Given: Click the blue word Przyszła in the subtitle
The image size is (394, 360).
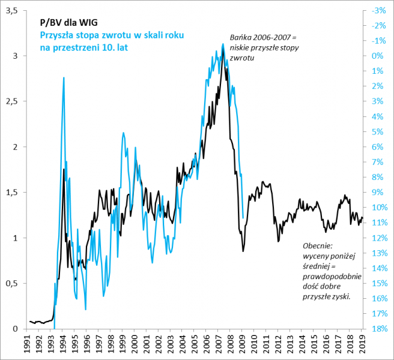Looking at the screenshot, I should click(x=58, y=35).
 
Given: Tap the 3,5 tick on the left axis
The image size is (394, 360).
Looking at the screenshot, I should click(x=12, y=10).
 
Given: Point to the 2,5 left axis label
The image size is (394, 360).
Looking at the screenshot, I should click(x=12, y=101).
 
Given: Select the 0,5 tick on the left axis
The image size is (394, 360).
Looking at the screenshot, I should click(x=12, y=283).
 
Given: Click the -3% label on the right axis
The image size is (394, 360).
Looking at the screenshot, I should click(x=378, y=10).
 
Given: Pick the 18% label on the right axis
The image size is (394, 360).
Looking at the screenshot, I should click(x=379, y=329).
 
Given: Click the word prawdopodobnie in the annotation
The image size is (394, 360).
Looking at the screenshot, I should click(x=332, y=277).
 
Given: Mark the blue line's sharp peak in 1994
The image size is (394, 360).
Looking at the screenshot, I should click(x=64, y=77).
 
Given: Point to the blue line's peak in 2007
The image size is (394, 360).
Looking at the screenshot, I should click(x=223, y=44).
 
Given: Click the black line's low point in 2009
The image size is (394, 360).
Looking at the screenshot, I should click(x=243, y=251).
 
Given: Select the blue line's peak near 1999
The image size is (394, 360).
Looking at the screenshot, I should click(x=123, y=133).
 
